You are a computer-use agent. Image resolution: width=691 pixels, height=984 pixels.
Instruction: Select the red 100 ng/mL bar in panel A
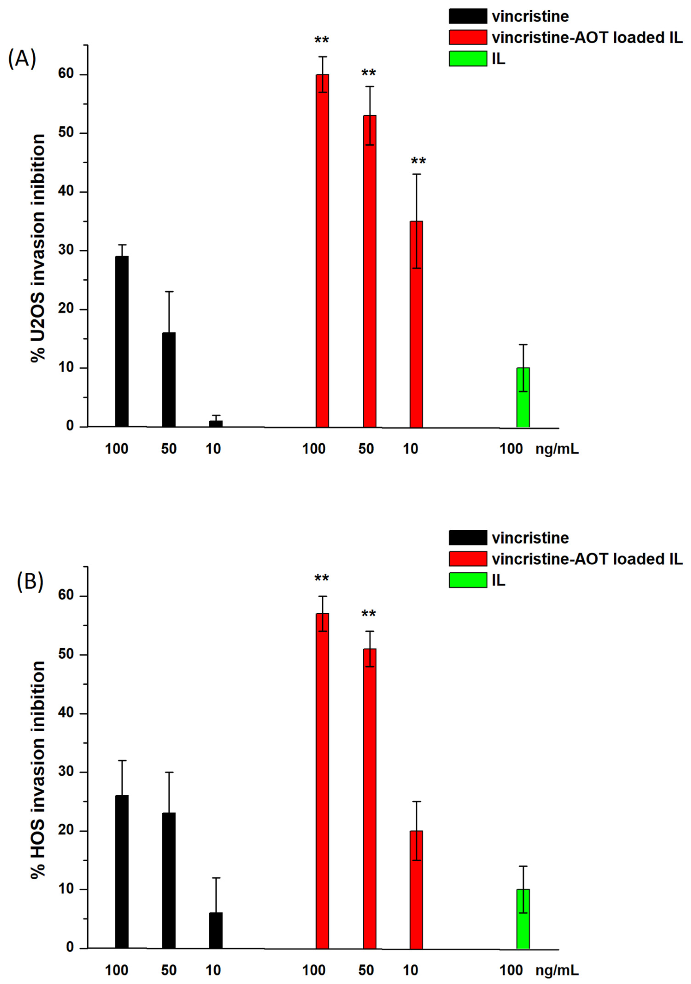click(x=322, y=251)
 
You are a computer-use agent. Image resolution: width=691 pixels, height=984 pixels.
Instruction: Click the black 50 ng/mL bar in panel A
click(x=169, y=379)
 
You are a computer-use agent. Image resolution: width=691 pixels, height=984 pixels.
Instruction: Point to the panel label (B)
click(x=30, y=582)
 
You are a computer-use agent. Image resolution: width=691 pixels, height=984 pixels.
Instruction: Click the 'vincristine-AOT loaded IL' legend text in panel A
click(x=587, y=38)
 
